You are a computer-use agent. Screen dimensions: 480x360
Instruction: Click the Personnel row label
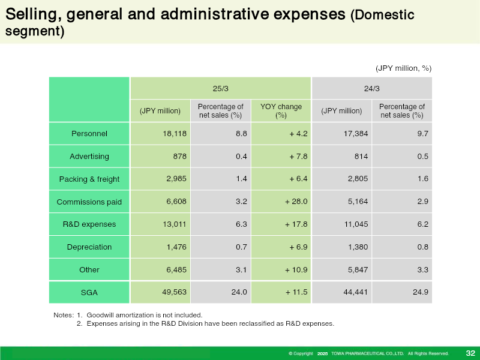point(89,133)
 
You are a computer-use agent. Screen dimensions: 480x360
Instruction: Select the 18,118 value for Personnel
point(175,133)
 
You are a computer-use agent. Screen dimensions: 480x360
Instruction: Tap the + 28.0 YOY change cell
point(296,202)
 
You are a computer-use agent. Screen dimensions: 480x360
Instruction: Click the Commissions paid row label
point(89,202)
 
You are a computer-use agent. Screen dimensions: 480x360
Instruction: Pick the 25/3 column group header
point(220,88)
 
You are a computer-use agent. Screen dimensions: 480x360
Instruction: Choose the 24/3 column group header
point(371,88)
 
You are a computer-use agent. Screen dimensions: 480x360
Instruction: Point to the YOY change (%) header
point(281,111)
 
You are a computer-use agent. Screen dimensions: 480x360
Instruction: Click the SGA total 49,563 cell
point(174,292)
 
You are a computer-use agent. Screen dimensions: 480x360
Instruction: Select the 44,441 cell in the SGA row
point(355,292)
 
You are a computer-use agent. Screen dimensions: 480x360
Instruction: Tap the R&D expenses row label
point(89,224)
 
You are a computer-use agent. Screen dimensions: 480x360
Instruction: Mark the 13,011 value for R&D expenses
point(175,224)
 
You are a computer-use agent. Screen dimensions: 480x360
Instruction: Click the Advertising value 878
point(179,156)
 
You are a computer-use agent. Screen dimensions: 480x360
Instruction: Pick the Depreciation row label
point(89,247)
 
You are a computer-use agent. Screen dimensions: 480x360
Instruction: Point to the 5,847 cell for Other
point(358,269)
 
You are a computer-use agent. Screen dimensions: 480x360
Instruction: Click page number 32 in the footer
point(470,353)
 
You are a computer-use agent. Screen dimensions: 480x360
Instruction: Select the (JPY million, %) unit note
point(403,68)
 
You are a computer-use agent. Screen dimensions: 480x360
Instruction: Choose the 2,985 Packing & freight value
point(176,178)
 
